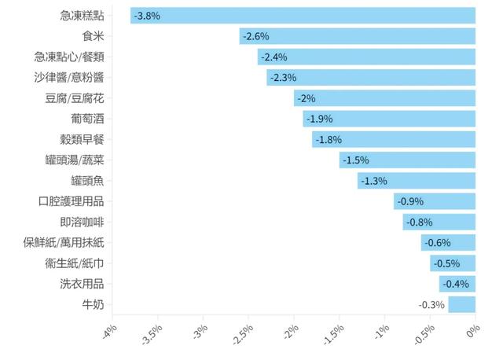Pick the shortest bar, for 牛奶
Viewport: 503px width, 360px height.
tap(462, 304)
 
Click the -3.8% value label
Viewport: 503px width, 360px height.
tap(148, 16)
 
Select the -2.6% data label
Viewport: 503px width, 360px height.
tap(256, 36)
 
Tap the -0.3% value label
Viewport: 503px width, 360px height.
tap(431, 305)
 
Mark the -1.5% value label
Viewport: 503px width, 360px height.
tap(355, 160)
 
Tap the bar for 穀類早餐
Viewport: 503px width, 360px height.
tap(394, 139)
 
